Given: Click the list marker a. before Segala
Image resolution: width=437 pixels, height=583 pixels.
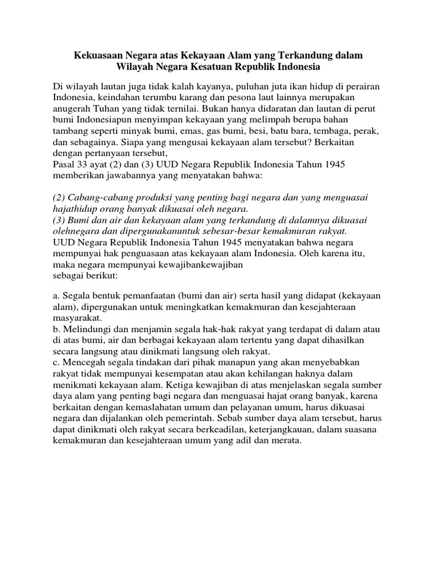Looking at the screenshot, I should (x=56, y=296).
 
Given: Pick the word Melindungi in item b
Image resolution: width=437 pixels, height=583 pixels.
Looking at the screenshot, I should (x=86, y=329).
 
